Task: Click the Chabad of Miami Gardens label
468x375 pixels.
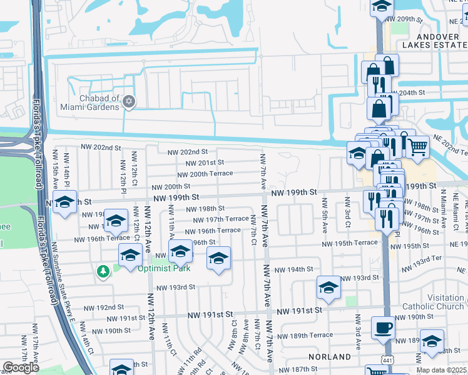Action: tap(99, 102)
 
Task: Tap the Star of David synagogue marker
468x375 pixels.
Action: tap(129, 102)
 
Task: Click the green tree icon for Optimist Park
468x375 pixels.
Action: tap(102, 271)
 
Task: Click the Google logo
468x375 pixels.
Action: tap(21, 367)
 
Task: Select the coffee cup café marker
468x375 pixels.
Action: tap(383, 327)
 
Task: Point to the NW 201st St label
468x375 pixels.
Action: tap(200, 162)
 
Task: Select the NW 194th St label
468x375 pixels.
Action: tap(296, 269)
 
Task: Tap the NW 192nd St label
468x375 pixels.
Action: tap(101, 307)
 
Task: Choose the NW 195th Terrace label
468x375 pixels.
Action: tap(350, 243)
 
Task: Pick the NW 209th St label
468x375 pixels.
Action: tap(415, 19)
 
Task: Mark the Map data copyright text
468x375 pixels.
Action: tap(441, 370)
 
